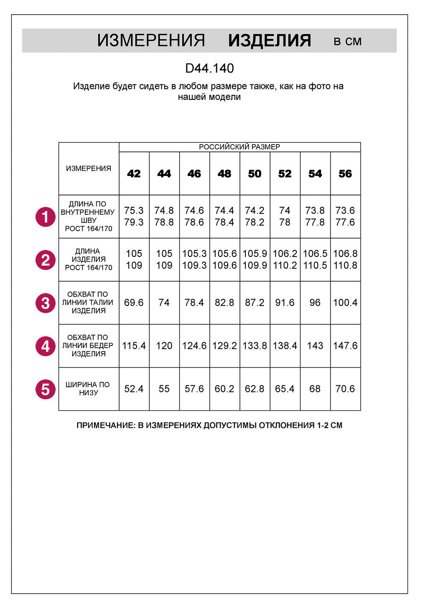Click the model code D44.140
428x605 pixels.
click(209, 68)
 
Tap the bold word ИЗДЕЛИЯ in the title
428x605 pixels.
click(270, 41)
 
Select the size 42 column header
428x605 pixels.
click(134, 174)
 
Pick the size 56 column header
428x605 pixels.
click(345, 174)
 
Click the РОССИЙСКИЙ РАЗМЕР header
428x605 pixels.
click(239, 147)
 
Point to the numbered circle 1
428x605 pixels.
click(46, 217)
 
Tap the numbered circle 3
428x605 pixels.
click(46, 303)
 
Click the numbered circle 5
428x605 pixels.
click(46, 389)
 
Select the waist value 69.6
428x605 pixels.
click(134, 302)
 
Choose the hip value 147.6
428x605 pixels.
click(345, 346)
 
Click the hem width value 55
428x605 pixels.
click(164, 389)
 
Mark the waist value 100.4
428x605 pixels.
click(345, 302)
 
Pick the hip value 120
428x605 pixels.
click(164, 346)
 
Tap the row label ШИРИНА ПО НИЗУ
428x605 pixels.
click(88, 389)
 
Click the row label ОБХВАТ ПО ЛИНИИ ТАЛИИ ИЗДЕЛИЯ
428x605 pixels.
click(88, 302)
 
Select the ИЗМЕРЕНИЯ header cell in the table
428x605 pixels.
click(89, 168)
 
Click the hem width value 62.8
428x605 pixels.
click(255, 389)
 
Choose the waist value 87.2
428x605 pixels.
click(255, 302)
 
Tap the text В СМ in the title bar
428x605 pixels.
click(347, 41)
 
